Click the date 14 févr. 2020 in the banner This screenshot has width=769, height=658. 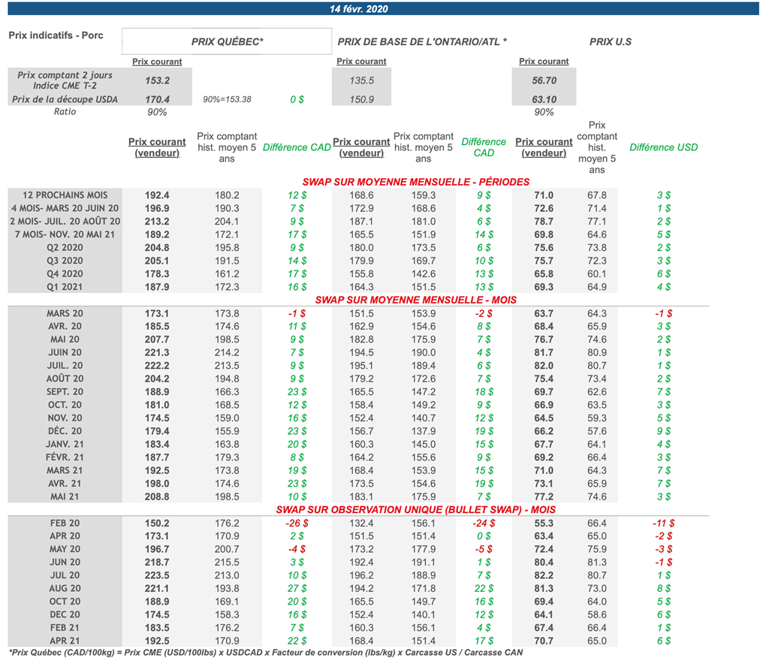pyautogui.click(x=359, y=9)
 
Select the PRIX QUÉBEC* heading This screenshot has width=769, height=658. pyautogui.click(x=228, y=42)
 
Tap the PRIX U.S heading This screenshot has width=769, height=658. pyautogui.click(x=610, y=42)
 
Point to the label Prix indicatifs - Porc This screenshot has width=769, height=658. pyautogui.click(x=56, y=35)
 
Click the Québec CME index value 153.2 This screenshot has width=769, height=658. pyautogui.click(x=157, y=80)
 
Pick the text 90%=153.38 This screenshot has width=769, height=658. pyautogui.click(x=227, y=99)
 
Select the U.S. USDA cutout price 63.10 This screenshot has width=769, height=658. pyautogui.click(x=544, y=99)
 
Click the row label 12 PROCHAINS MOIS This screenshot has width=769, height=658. pyautogui.click(x=65, y=195)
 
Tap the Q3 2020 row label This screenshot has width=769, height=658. pyautogui.click(x=65, y=261)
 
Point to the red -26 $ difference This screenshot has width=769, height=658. pyautogui.click(x=296, y=524)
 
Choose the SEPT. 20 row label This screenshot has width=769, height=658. pyautogui.click(x=65, y=391)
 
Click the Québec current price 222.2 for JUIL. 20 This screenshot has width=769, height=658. pyautogui.click(x=157, y=365)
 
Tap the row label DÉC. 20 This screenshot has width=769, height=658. pyautogui.click(x=65, y=430)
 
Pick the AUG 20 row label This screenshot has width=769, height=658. pyautogui.click(x=65, y=588)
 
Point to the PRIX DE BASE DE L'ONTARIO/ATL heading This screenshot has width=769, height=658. pyautogui.click(x=422, y=42)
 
